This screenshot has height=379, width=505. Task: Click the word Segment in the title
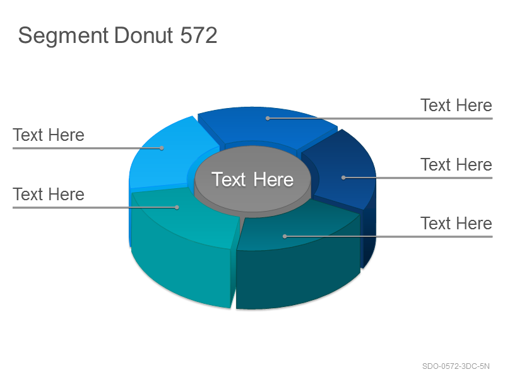pyautogui.click(x=63, y=36)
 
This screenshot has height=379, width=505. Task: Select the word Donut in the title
pyautogui.click(x=143, y=35)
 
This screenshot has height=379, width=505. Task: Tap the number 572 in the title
pyautogui.click(x=199, y=35)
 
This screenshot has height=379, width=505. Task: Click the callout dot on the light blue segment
pyautogui.click(x=162, y=148)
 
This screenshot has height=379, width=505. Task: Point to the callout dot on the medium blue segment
pyautogui.click(x=268, y=118)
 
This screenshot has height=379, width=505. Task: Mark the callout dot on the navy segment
pyautogui.click(x=343, y=177)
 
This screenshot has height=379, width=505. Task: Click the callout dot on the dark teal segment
pyautogui.click(x=285, y=236)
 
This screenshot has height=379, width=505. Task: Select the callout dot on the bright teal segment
pyautogui.click(x=177, y=208)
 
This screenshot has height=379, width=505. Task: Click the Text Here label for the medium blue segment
pyautogui.click(x=456, y=105)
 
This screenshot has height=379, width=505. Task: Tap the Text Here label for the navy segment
pyautogui.click(x=456, y=165)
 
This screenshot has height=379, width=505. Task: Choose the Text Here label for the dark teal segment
pyautogui.click(x=456, y=224)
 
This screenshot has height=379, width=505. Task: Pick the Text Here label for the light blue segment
pyautogui.click(x=49, y=135)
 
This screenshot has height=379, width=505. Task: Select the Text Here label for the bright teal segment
pyautogui.click(x=49, y=195)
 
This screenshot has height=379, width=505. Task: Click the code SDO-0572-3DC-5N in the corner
pyautogui.click(x=456, y=366)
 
